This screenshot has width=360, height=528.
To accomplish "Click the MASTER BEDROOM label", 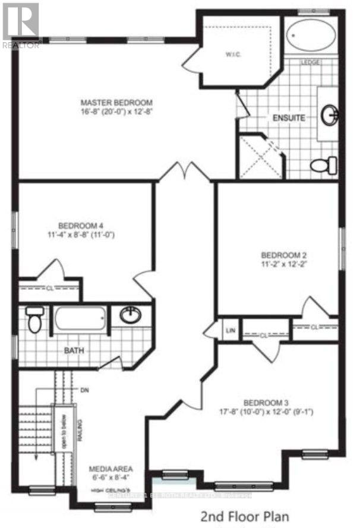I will tap(118, 102).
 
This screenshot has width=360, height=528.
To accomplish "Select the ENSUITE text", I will tap(289, 118).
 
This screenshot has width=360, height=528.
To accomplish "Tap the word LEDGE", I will tap(311, 62).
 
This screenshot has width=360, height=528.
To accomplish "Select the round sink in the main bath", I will tap(131, 315).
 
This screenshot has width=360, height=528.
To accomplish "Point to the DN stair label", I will tap(83, 390).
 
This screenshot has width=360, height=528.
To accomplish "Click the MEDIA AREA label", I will tap(110, 467).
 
